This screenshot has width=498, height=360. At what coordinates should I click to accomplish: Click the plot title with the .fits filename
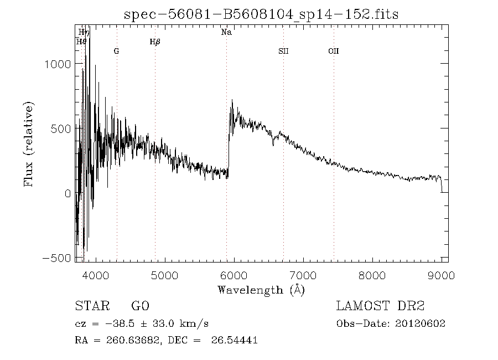[x=261, y=14]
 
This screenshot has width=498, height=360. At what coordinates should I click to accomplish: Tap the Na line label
[x=226, y=33]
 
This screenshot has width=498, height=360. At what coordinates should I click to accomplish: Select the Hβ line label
[x=155, y=42]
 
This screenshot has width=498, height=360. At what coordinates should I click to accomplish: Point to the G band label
[x=116, y=51]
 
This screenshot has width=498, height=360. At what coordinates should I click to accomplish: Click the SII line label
[x=283, y=51]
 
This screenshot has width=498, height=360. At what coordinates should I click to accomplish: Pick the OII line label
[x=333, y=51]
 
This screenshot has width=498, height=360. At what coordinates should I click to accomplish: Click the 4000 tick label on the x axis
[x=95, y=275]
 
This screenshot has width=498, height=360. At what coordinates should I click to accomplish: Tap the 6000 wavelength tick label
[x=234, y=275]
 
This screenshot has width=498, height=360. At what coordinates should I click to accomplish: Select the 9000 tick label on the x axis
[x=441, y=275]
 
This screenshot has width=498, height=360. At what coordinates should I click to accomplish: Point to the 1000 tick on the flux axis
[x=57, y=64]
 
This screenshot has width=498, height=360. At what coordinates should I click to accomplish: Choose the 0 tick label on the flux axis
[x=67, y=193]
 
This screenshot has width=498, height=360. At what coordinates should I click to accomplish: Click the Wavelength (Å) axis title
[x=261, y=290]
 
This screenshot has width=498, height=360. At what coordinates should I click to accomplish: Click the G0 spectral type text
[x=141, y=306]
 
